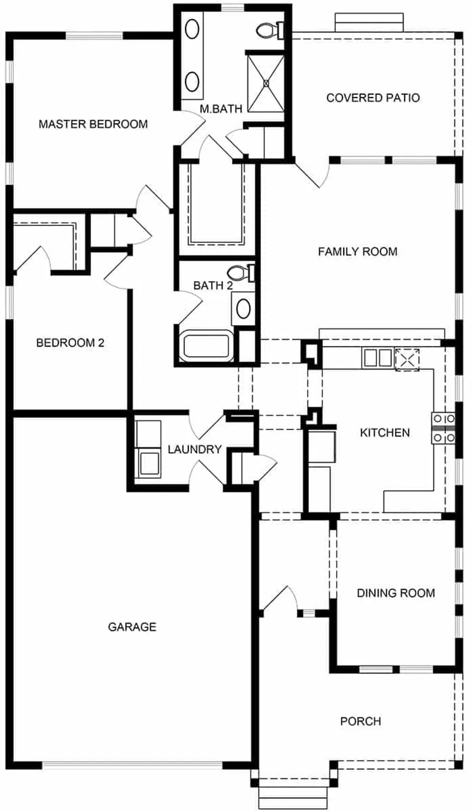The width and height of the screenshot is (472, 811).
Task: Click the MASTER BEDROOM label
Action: [x=93, y=124]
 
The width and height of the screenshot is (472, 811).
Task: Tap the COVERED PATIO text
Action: [x=373, y=98]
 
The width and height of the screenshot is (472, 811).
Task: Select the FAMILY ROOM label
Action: [x=357, y=252]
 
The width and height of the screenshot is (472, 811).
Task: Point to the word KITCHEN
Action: [x=385, y=433]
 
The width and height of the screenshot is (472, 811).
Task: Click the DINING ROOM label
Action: [x=396, y=593]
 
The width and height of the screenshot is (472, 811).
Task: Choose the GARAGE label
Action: [x=132, y=627]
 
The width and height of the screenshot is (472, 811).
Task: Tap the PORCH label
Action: [x=361, y=721]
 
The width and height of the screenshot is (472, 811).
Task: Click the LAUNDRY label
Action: [x=194, y=449]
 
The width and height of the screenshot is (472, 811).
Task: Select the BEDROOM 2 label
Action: [x=70, y=343]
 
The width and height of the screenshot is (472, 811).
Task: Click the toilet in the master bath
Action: [x=270, y=30]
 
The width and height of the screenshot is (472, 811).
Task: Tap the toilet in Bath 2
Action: [x=240, y=273]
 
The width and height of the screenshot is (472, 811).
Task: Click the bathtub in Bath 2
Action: [x=206, y=346]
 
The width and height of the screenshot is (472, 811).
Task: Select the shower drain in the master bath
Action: [x=267, y=83]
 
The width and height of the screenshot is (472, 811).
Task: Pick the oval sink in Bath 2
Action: [x=244, y=309]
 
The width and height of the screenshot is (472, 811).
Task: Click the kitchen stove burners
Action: [x=443, y=428]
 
